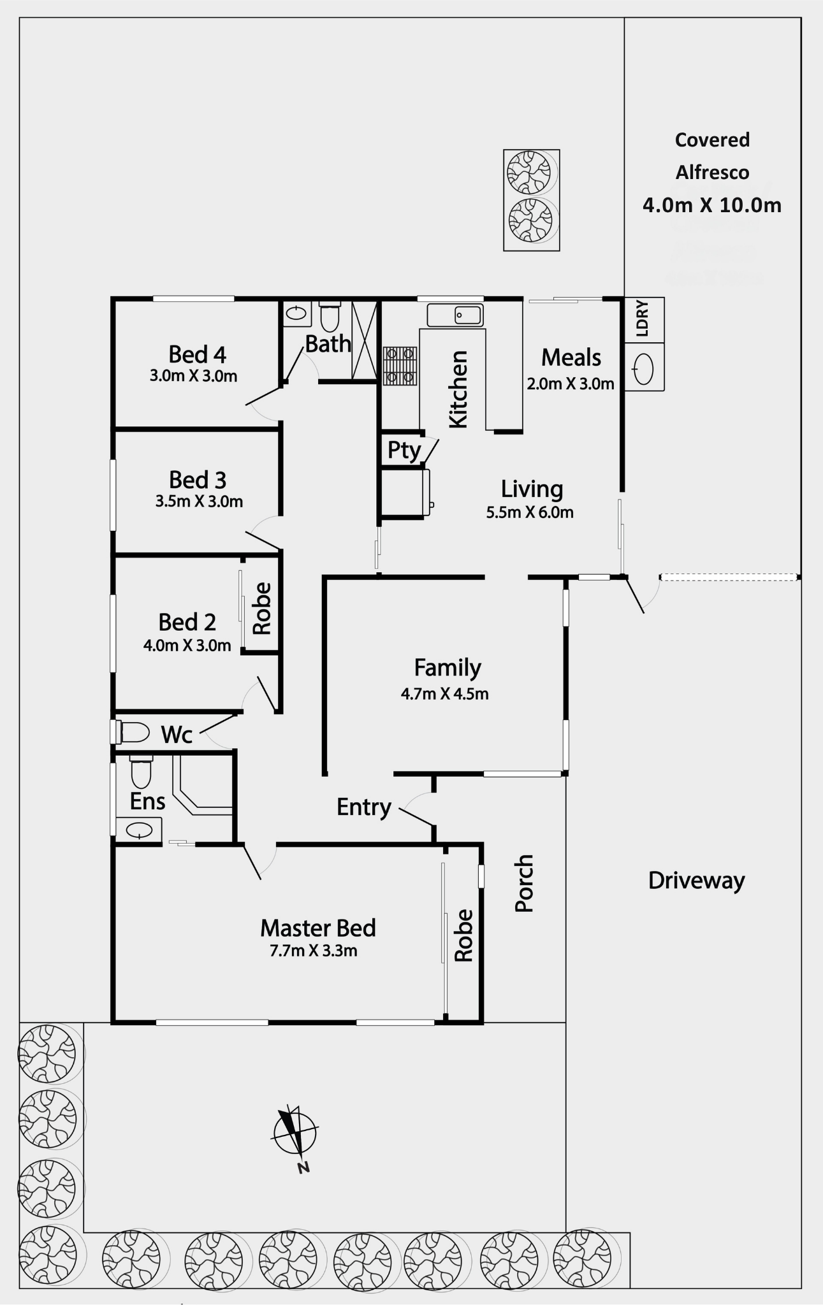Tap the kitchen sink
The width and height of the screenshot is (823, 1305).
click(x=455, y=315)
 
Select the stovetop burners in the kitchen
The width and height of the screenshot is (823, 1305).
click(x=400, y=366)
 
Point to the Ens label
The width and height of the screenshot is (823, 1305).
click(x=147, y=801)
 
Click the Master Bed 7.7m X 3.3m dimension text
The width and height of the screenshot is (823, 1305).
click(x=313, y=951)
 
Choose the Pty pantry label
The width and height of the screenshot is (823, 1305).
click(x=404, y=451)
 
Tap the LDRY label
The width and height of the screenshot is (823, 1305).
click(x=643, y=319)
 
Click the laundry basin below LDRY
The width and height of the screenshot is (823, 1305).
click(x=644, y=368)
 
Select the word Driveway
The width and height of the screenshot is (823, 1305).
click(x=696, y=881)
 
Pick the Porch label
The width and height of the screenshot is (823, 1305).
click(x=524, y=883)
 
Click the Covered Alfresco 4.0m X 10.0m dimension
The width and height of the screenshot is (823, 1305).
click(x=712, y=205)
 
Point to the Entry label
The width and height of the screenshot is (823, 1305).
click(x=363, y=807)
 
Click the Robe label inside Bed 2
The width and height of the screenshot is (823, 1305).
click(x=262, y=609)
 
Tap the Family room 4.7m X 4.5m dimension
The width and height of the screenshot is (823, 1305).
click(x=444, y=694)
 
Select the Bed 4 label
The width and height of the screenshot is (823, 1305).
click(x=197, y=354)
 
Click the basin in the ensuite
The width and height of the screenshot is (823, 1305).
click(x=138, y=830)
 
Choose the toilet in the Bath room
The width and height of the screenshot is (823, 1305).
click(x=330, y=317)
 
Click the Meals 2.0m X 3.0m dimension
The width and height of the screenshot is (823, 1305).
click(x=571, y=384)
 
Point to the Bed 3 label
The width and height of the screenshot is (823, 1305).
click(x=198, y=480)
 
